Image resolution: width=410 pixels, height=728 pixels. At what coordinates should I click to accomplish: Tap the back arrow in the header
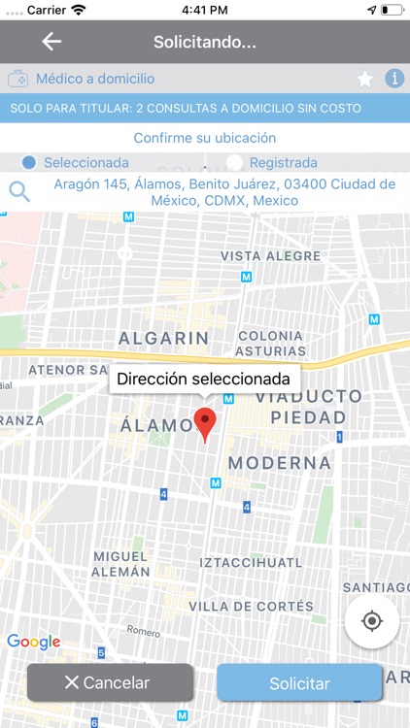(x=51, y=42)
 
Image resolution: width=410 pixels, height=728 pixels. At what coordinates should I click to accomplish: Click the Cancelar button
(x=109, y=682)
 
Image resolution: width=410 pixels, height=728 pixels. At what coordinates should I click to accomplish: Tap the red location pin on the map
(x=205, y=424)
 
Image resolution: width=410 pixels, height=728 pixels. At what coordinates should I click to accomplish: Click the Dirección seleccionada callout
(x=204, y=379)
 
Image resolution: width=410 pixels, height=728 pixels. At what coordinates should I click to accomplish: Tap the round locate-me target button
(x=371, y=621)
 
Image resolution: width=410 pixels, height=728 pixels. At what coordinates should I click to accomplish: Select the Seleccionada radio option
(x=29, y=163)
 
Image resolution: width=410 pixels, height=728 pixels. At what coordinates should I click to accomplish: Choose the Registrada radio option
(x=234, y=163)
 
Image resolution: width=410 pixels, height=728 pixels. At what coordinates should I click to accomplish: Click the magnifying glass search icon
(x=19, y=191)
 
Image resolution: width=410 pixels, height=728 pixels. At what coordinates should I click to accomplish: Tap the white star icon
(x=365, y=80)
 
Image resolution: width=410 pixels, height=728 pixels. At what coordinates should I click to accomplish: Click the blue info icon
(x=394, y=80)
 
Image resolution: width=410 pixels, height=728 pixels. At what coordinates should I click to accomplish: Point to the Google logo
(x=33, y=642)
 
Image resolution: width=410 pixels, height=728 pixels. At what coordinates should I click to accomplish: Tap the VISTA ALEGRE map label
(x=270, y=256)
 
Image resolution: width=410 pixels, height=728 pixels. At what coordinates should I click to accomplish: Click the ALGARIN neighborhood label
(x=163, y=338)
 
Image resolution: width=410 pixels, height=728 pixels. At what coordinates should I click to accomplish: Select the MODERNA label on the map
(x=280, y=463)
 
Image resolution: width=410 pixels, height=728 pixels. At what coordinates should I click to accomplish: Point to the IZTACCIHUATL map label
(x=251, y=562)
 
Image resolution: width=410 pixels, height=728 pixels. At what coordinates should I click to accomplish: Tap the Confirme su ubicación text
(x=205, y=138)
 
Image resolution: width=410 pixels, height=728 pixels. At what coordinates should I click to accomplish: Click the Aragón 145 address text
(x=223, y=192)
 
